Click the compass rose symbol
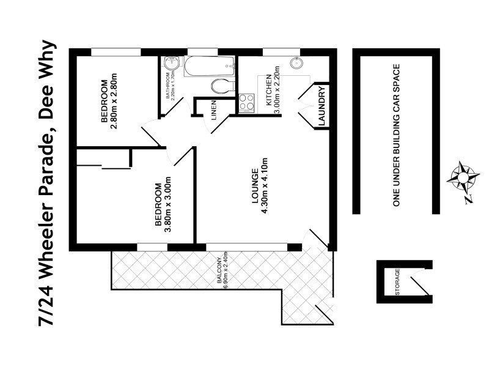463,177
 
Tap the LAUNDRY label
322,106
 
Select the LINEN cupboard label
213,111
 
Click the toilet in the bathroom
222,86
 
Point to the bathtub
209,66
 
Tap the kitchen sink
296,64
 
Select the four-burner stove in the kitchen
247,103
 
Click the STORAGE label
397,282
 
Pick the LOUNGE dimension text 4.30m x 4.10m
265,186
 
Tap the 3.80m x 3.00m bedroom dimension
168,205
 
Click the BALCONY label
219,270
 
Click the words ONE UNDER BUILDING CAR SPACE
396,135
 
